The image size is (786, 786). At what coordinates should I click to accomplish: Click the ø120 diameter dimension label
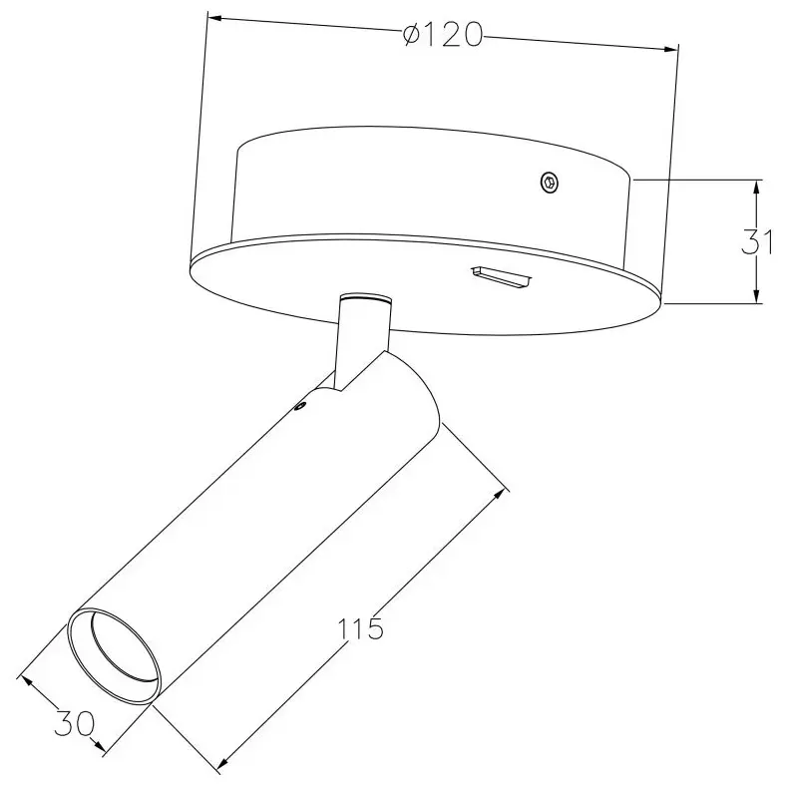point(443,36)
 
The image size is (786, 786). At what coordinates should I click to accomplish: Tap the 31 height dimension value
point(757,243)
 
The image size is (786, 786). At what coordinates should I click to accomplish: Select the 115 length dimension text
point(360,629)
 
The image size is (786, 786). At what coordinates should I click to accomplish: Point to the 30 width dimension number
point(74,723)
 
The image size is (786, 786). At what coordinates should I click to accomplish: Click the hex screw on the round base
point(550,183)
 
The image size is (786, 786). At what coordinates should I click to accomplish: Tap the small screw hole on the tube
point(301,407)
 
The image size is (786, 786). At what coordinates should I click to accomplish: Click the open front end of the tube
point(115,655)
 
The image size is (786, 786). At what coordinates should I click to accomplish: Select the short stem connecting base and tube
point(364,340)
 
